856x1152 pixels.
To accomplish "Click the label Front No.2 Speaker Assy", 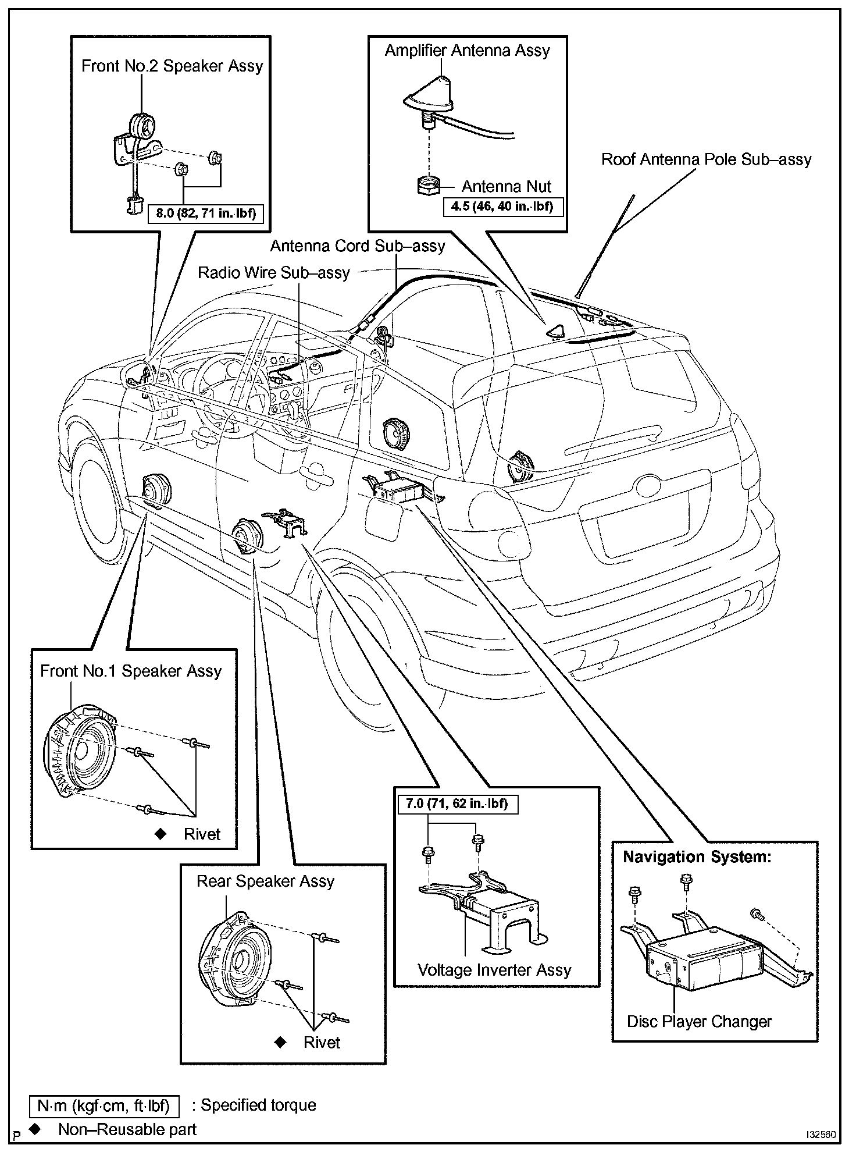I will point(172,66).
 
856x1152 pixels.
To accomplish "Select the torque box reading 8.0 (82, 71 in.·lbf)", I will point(206,213).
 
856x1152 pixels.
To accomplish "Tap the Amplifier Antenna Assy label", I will point(467,51).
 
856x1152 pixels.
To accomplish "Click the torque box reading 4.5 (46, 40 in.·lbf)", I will point(503,207).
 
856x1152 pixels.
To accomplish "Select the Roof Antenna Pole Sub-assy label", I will point(706,159).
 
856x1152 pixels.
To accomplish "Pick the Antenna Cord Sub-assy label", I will point(357,246).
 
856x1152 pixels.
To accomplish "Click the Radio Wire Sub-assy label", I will point(273,273).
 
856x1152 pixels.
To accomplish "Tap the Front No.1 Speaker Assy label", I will point(131,671).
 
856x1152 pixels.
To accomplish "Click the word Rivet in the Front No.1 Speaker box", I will point(202,834).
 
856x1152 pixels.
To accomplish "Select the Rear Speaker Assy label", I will point(265,881).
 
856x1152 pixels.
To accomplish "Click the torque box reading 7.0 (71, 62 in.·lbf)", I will point(457,804).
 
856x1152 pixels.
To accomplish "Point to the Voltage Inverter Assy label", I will point(494,970).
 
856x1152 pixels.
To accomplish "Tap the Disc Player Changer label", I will point(699,1021).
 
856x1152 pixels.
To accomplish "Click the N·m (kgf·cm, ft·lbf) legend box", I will point(104,1105).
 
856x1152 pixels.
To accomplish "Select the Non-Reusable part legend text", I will point(127,1129).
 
